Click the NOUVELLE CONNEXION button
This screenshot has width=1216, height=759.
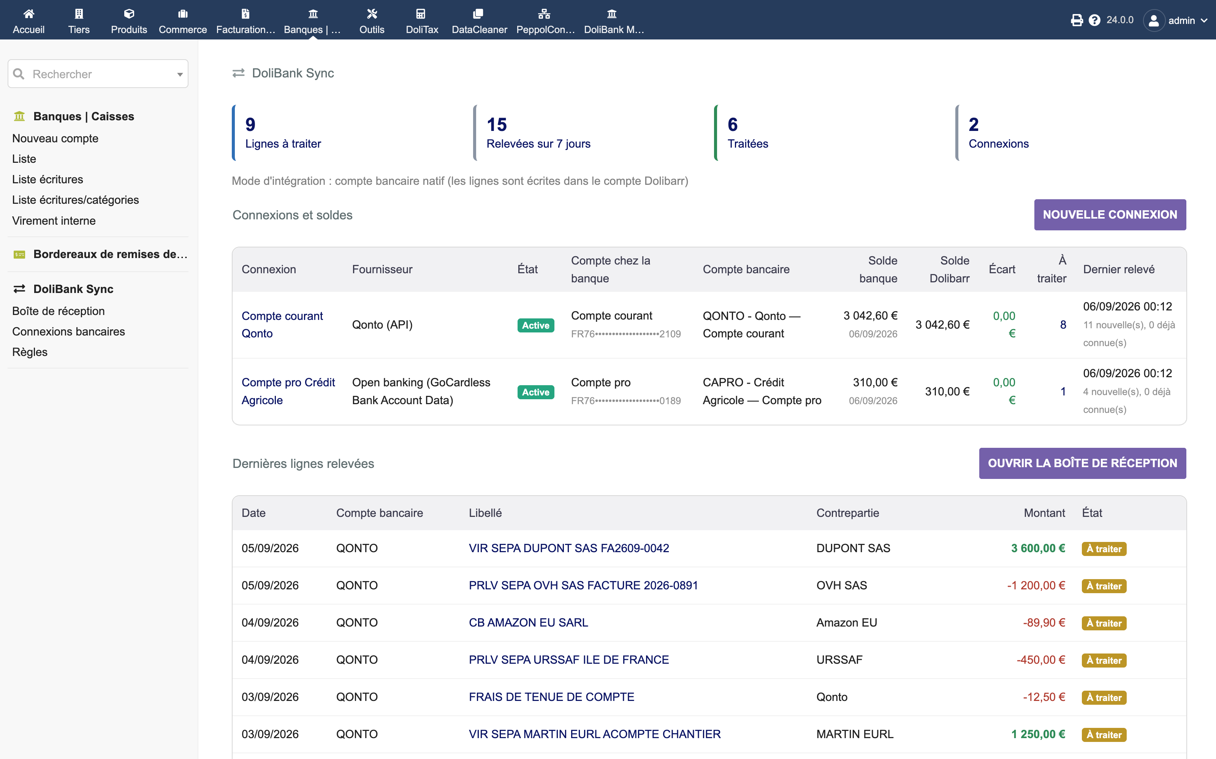[1110, 215]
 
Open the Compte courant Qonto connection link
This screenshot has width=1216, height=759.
[282, 325]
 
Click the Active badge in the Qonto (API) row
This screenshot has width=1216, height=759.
[536, 325]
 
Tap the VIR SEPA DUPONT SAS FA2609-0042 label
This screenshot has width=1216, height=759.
[569, 548]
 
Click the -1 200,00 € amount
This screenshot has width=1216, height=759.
[1036, 585]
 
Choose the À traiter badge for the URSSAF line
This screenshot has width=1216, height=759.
[1104, 660]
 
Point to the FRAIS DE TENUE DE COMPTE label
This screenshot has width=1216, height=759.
[551, 697]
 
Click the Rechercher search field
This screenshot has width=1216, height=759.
[98, 74]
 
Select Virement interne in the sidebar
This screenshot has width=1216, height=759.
[54, 220]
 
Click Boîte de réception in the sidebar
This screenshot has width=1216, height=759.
[58, 311]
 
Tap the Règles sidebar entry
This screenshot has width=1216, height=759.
[30, 352]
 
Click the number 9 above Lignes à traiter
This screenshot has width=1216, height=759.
[250, 124]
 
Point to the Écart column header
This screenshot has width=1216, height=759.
[1002, 269]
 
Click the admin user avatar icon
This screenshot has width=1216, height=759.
[1154, 20]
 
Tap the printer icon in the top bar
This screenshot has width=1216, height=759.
[1076, 20]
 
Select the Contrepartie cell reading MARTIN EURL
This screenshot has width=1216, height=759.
[855, 734]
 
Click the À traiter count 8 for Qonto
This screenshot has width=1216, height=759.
[1063, 325]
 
